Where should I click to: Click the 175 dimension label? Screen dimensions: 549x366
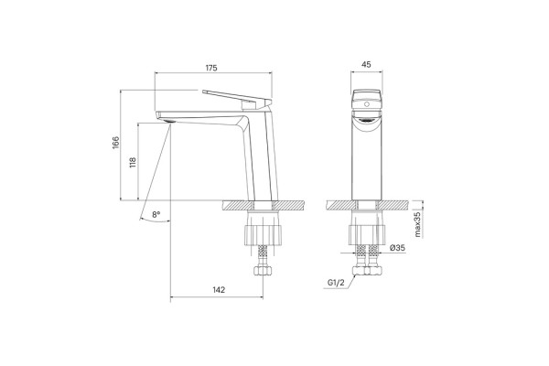(211, 68)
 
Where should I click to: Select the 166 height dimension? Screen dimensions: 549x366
(115, 143)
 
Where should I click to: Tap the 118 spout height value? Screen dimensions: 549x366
(133, 163)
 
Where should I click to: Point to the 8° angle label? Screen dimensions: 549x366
(156, 214)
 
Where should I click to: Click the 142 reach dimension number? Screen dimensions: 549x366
(219, 290)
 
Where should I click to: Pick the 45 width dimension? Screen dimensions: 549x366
(366, 64)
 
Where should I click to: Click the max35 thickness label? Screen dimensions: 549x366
(417, 223)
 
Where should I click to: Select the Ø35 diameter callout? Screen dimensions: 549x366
(397, 248)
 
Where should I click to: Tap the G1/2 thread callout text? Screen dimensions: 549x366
(336, 283)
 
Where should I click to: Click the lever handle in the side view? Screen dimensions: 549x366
(237, 97)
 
